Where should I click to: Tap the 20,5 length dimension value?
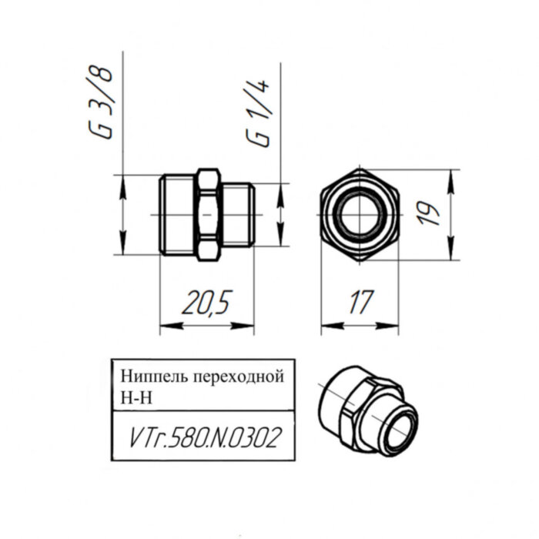tap(207, 303)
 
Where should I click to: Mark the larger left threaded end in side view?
tap(176, 214)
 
